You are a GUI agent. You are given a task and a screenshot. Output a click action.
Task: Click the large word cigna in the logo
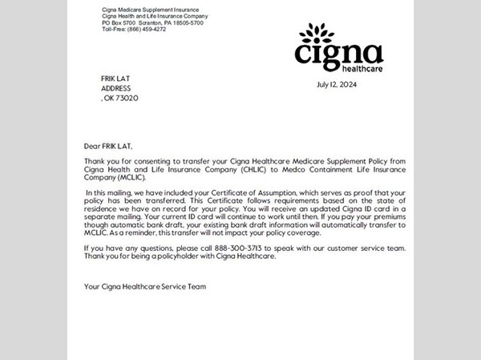coord(338,54)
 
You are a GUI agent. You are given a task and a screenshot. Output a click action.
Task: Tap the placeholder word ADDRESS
coord(116,88)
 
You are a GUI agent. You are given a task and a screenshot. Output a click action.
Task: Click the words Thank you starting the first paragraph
coord(100,161)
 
